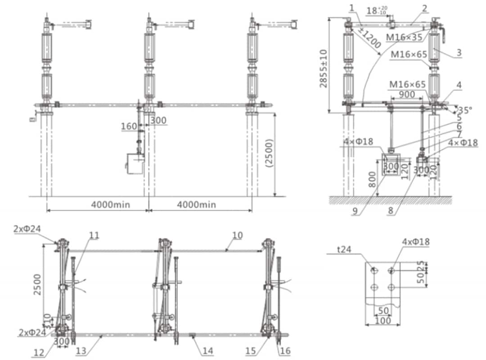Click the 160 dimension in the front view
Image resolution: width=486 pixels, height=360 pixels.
[129, 126]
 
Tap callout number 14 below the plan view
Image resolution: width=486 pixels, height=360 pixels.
[207, 351]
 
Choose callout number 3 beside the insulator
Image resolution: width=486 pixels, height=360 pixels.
[459, 53]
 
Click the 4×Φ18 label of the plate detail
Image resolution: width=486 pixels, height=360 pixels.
[417, 242]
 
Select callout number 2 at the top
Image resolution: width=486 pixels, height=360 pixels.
[424, 8]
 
